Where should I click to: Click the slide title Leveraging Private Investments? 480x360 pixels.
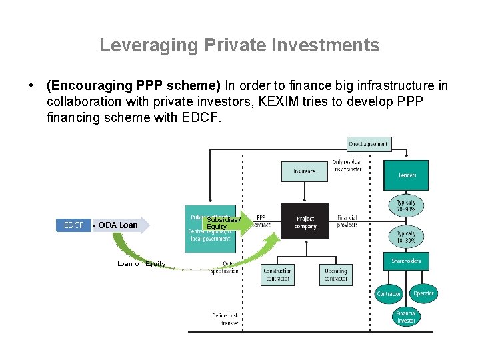(239, 45)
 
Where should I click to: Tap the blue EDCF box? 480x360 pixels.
(73, 225)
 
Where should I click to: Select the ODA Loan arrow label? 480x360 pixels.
(118, 225)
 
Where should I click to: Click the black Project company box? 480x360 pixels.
(305, 222)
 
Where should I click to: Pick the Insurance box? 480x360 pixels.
(305, 171)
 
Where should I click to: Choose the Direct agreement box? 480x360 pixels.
(369, 143)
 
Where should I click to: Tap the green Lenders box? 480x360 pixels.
(407, 175)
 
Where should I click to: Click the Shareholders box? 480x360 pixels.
(406, 261)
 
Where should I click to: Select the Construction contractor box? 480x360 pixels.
(277, 275)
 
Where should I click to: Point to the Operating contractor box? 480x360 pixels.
(335, 275)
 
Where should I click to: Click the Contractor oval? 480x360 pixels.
(389, 293)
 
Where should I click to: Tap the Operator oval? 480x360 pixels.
(423, 293)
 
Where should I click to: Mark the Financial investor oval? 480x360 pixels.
(406, 317)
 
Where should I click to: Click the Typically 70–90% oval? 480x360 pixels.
(406, 206)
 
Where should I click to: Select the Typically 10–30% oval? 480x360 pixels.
(406, 237)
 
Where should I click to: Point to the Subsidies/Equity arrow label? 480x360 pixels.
(223, 223)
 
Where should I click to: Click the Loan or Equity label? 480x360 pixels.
(141, 264)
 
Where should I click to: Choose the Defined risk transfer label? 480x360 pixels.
(225, 319)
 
